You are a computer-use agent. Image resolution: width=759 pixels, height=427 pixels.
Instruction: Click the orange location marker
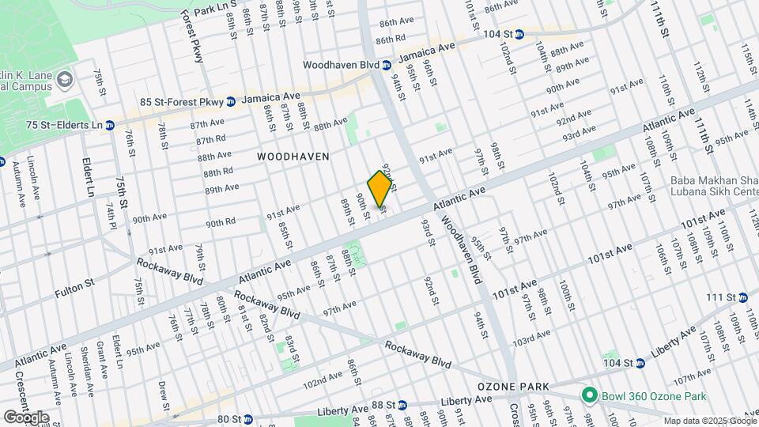tap(379, 189)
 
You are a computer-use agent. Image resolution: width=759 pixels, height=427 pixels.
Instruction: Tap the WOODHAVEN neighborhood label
tap(293, 157)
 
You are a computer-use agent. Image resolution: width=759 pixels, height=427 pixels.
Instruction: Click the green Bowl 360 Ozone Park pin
tap(588, 394)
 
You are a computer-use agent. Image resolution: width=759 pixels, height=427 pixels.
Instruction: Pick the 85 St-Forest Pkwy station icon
tap(230, 101)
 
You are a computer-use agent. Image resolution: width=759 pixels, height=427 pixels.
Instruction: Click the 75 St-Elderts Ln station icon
tap(110, 125)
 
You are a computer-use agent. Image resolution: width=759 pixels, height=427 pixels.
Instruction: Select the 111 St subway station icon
tap(742, 297)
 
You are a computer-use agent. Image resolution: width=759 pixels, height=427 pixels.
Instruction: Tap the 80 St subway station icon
tap(247, 419)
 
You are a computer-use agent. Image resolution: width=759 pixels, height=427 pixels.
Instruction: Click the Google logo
tap(27, 417)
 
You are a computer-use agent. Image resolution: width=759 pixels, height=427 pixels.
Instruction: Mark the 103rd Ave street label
tap(531, 337)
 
